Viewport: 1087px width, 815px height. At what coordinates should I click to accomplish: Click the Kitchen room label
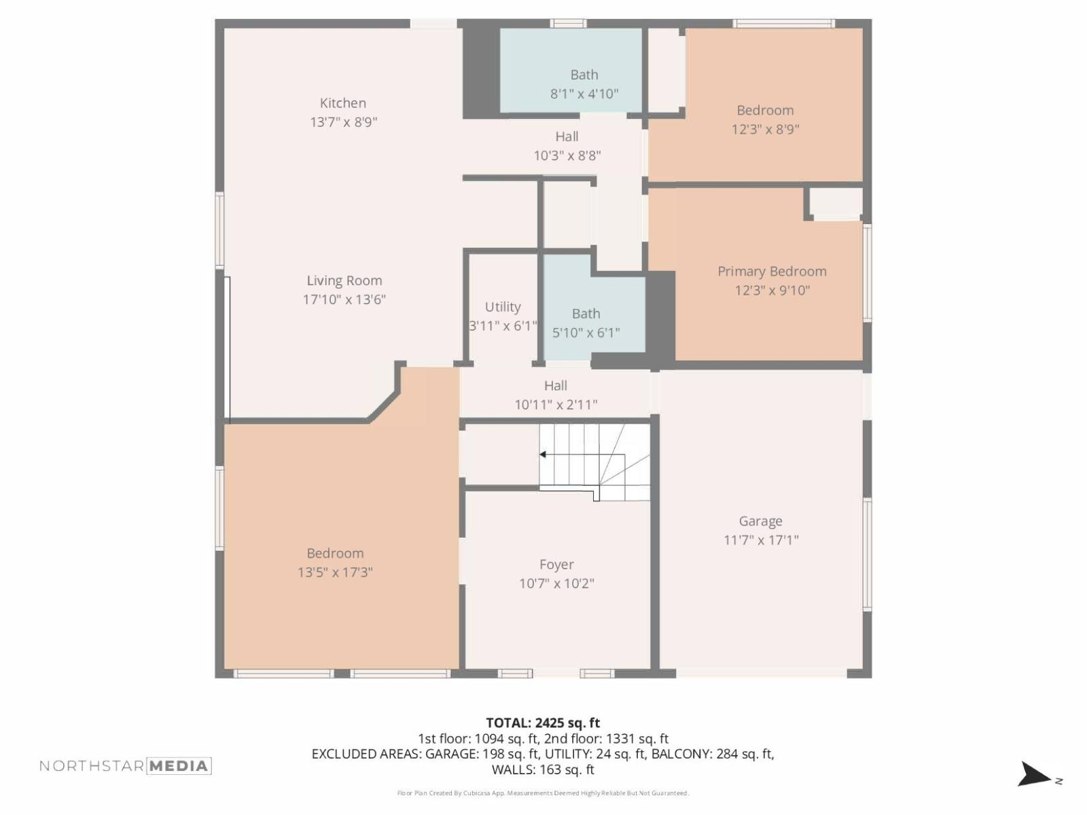tap(342, 103)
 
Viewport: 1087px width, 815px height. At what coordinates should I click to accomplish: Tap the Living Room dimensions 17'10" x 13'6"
tap(344, 300)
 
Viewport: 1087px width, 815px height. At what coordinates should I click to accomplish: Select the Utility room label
tap(503, 307)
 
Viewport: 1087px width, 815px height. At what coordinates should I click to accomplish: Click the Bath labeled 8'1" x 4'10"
tap(584, 75)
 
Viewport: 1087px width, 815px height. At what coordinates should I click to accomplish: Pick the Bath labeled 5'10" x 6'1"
tap(586, 314)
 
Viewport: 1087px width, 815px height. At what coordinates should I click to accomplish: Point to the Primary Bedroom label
tap(772, 272)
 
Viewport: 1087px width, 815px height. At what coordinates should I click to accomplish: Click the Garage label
tap(760, 522)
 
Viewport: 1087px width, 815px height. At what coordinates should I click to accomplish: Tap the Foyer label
tap(556, 565)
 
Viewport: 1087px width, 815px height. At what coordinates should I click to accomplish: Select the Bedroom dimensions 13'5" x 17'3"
tap(335, 573)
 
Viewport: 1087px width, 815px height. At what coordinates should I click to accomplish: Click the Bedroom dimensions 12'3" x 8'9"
tap(765, 130)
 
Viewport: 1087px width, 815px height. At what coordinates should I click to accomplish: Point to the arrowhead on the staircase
tap(543, 454)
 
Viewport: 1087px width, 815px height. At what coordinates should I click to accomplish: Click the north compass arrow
tap(1034, 774)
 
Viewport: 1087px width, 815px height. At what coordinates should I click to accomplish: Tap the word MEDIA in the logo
tap(179, 766)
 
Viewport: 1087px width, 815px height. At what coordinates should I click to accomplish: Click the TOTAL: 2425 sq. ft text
tap(543, 723)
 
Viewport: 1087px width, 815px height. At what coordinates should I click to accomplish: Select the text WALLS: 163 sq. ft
tap(543, 769)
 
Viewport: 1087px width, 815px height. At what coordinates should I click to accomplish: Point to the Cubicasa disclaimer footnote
tap(543, 793)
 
